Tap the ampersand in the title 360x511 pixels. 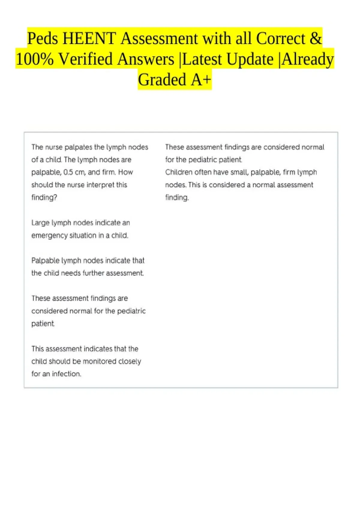point(315,39)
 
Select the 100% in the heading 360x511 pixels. point(34,59)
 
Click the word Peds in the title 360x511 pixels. point(43,39)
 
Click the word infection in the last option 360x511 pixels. point(66,374)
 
